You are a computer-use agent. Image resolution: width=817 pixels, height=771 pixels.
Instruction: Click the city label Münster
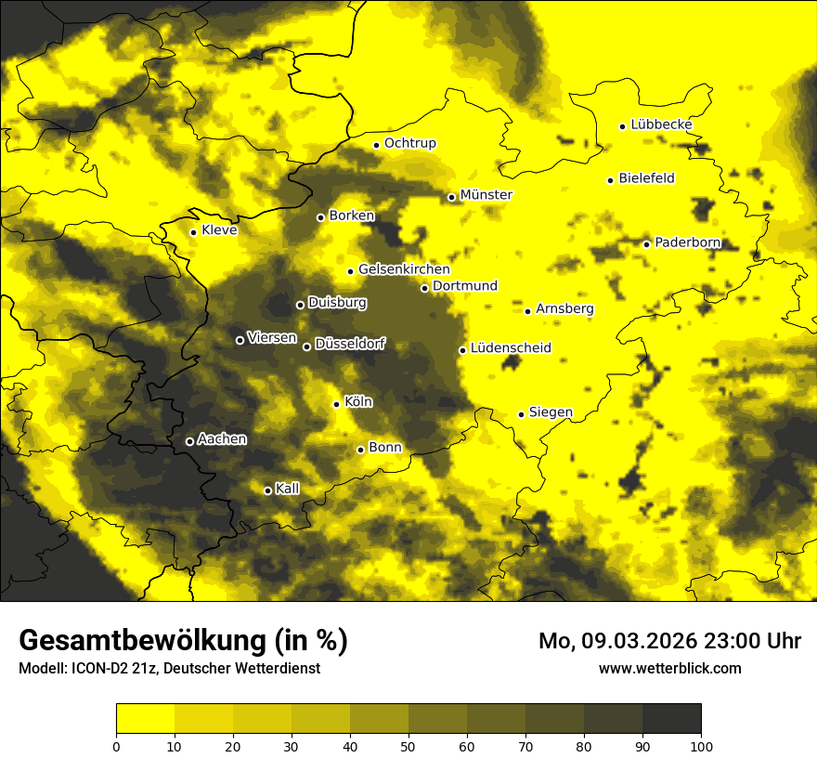point(486,195)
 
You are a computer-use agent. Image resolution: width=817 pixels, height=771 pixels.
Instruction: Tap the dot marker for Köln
point(336,404)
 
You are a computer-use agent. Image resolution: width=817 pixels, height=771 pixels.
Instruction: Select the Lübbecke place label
point(661,124)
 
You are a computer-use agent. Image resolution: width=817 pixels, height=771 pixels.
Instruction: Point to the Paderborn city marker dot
point(647,244)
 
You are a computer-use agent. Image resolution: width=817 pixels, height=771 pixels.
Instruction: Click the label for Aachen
point(222,438)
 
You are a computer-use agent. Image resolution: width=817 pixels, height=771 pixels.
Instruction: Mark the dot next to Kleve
point(193,232)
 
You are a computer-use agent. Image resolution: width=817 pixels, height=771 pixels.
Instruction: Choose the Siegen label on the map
point(551,412)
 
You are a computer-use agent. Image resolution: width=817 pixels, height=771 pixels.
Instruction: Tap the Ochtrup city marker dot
point(376,145)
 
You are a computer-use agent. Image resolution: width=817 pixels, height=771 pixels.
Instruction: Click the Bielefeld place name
point(646,177)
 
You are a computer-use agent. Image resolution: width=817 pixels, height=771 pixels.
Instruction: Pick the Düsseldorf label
point(349,344)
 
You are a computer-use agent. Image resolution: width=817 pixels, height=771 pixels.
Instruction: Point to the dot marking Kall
point(267,490)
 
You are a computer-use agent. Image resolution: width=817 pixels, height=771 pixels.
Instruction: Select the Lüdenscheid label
point(511,348)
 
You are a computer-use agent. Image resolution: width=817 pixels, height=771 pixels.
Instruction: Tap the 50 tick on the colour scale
point(408,745)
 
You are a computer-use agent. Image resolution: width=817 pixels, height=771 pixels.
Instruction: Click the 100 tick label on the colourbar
point(701,745)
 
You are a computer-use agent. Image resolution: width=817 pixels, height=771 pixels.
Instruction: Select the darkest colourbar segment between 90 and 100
point(671,719)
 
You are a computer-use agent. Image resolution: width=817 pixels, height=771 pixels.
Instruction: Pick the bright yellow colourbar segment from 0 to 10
point(145,719)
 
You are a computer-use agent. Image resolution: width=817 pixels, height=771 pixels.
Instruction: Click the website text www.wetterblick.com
point(669,668)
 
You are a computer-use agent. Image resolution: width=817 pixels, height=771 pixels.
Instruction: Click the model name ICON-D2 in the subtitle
point(95,668)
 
